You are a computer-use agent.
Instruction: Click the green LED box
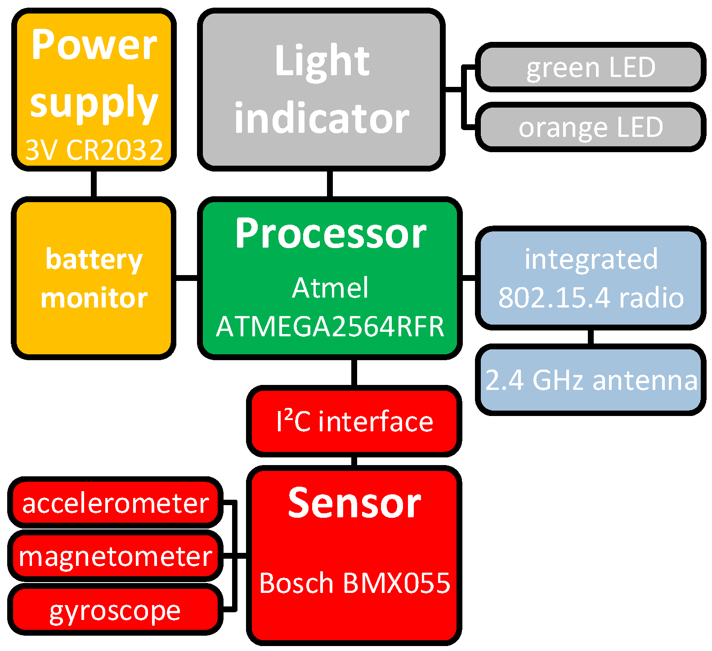point(590,68)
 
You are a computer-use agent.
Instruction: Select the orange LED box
point(590,127)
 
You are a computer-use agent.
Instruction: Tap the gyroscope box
point(115,610)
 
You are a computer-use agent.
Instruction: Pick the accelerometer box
point(115,503)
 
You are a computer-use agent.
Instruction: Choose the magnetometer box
point(115,556)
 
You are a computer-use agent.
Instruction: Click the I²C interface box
point(354,421)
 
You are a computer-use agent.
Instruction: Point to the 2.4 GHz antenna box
point(591,380)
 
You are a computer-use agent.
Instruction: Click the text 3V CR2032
point(94,150)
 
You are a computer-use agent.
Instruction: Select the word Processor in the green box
point(331,233)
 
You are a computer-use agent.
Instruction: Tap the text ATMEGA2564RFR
point(331,326)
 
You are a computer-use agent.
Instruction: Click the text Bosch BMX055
point(354,583)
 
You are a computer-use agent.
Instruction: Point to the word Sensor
point(354,503)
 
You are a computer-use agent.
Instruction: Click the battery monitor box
point(94,278)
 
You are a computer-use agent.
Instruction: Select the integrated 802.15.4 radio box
point(591,278)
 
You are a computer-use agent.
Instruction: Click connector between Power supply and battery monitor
point(94,184)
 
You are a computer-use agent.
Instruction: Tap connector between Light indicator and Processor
point(330,184)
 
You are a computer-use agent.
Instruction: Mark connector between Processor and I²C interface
point(354,372)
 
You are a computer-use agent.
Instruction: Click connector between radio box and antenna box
point(591,337)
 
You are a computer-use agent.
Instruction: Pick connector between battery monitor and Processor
point(186,278)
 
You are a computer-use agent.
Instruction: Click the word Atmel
point(331,288)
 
